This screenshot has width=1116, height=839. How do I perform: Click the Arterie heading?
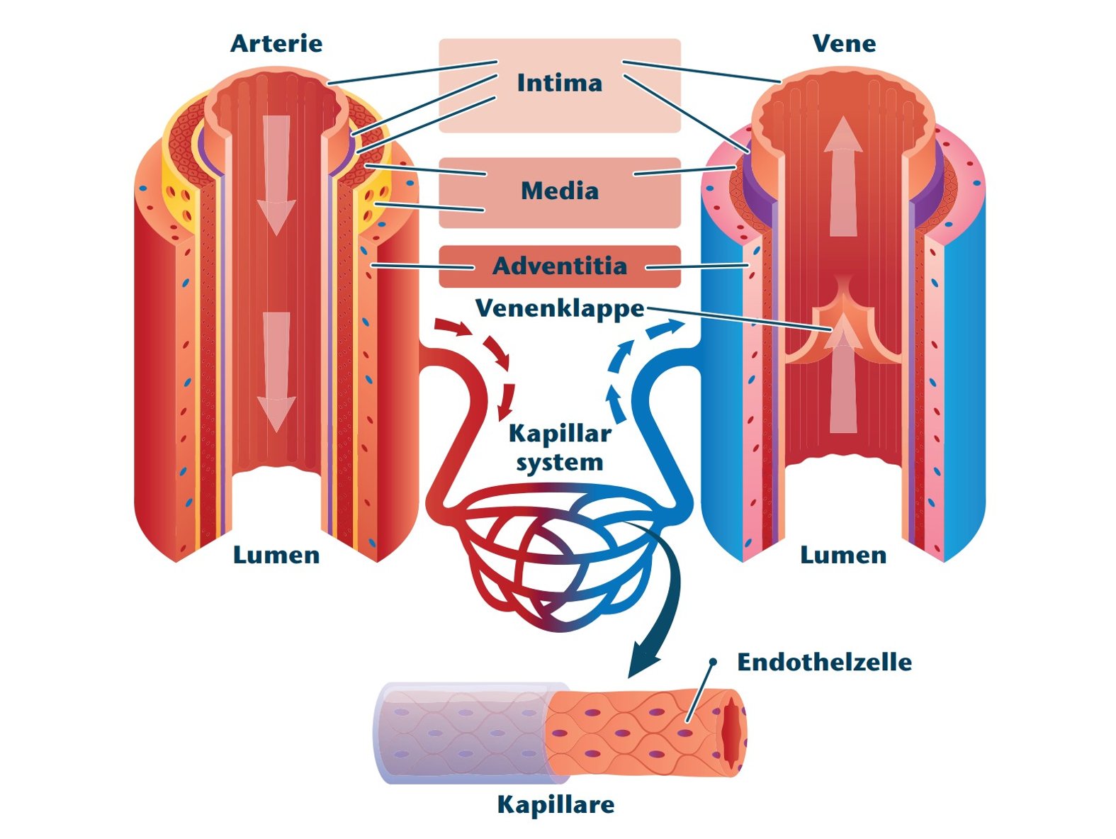point(276,43)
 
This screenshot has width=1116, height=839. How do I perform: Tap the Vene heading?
point(843,43)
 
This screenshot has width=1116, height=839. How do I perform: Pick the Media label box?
point(559,191)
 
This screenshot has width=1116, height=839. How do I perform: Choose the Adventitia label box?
point(559,266)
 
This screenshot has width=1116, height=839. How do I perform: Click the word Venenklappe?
point(559,308)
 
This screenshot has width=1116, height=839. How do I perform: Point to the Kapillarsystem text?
point(559,448)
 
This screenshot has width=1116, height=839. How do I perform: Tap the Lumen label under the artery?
point(276,555)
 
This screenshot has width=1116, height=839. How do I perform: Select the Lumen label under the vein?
point(843,555)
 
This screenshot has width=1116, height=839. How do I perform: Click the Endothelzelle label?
point(824,662)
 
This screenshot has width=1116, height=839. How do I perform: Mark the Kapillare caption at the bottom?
point(556,804)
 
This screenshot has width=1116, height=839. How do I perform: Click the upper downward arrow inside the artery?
point(276,174)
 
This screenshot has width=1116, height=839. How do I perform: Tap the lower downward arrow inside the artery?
point(276,372)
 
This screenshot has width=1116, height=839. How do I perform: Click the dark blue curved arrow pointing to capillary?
point(663,602)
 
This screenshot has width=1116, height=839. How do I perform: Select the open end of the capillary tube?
point(733,732)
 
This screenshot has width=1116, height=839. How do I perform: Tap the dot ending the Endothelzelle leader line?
point(713,662)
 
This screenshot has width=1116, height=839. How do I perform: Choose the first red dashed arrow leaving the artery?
point(453,327)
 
